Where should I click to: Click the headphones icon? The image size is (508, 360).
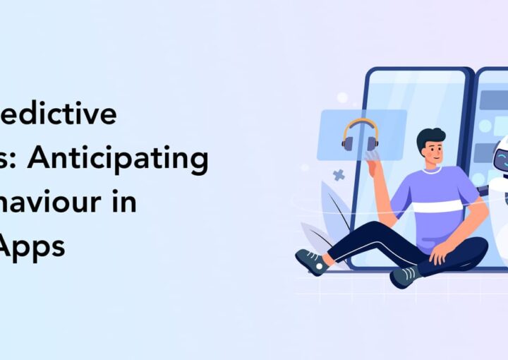coord(359,134)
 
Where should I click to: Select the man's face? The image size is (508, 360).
coord(432,155)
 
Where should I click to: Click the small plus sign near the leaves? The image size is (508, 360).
coord(339,174)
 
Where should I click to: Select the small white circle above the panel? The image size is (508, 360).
coord(342,97)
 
